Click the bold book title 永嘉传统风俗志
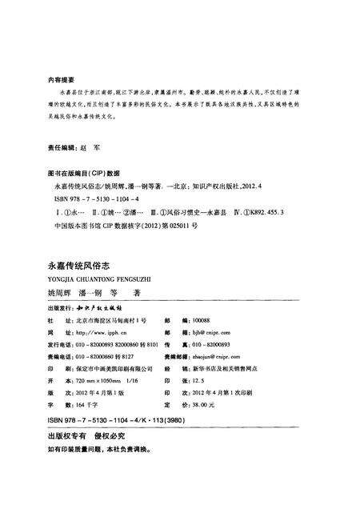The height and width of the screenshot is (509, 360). (x=85, y=262)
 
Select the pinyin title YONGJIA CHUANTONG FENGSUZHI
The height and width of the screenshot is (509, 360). (x=99, y=278)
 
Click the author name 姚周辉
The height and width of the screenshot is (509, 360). (x=62, y=294)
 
